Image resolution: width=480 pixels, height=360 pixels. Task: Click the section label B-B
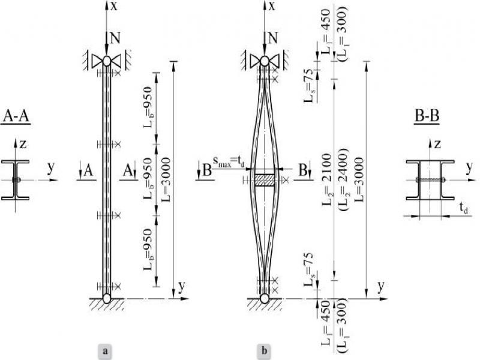coord(427,115)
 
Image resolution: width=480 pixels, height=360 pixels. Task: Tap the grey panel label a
coord(106,349)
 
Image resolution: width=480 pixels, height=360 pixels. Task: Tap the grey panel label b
coord(263,349)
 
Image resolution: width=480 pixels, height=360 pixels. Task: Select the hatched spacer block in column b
coord(263,179)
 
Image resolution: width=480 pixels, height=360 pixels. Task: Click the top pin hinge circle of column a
coord(106,61)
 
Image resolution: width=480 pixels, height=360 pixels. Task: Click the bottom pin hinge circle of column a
coord(106,297)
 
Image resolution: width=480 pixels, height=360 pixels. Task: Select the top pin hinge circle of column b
coord(263,61)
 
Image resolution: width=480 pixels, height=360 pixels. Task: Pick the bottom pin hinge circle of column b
coord(263,297)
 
